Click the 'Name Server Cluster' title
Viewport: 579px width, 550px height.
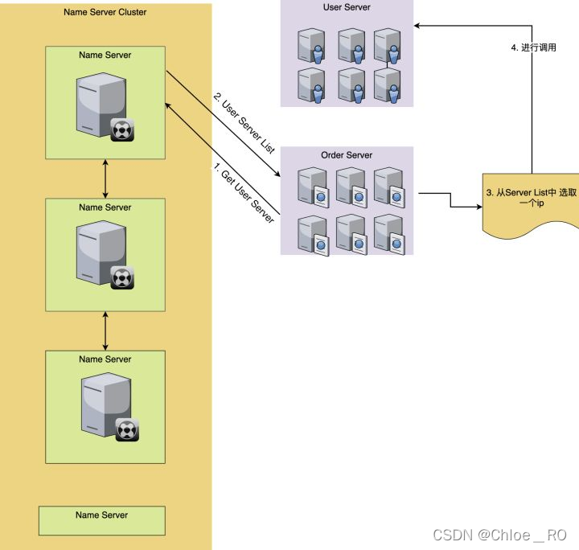[x=105, y=13]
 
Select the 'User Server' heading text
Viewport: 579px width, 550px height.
[x=347, y=7]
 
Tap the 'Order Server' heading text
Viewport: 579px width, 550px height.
[x=347, y=155]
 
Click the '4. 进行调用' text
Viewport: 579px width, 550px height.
[x=533, y=47]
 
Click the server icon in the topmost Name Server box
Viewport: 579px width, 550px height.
[x=102, y=104]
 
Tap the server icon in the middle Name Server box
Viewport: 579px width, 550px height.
[x=102, y=252]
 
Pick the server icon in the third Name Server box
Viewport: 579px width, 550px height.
[x=105, y=404]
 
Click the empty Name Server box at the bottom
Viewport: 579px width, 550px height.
[x=102, y=520]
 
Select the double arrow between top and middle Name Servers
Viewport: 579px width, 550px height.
[x=105, y=178]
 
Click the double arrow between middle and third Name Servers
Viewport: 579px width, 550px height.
[x=105, y=330]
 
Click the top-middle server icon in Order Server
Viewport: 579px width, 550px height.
[x=350, y=184]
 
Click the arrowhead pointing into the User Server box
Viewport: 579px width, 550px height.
[x=419, y=25]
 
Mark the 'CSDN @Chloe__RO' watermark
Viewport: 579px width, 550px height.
[x=499, y=535]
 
